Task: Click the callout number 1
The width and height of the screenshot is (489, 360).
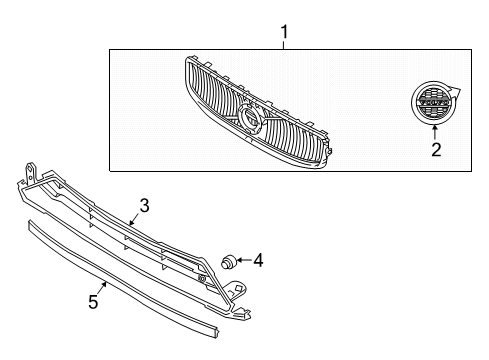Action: (x=284, y=33)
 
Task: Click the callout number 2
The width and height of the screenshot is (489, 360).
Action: (x=436, y=151)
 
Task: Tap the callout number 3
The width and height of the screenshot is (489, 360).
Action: (x=144, y=206)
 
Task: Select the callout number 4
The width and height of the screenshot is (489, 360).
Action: (x=258, y=261)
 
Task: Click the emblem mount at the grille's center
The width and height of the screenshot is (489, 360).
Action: (x=250, y=122)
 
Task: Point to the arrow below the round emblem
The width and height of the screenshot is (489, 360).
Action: (x=435, y=131)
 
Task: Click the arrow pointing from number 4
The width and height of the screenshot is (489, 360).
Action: (x=244, y=261)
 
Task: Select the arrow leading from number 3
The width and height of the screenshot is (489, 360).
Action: (x=136, y=217)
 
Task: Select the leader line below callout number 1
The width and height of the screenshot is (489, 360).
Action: (x=284, y=45)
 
